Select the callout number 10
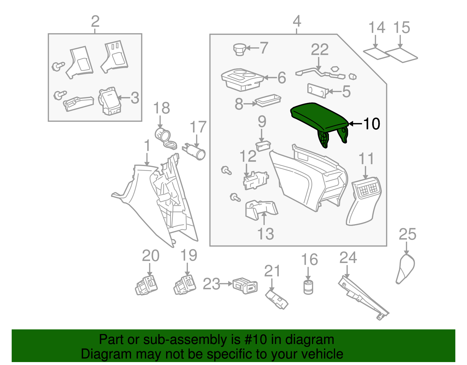[x=371, y=124]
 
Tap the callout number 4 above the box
[x=297, y=21]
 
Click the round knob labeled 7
[x=240, y=49]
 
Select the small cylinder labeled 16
[x=308, y=287]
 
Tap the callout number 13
[x=266, y=234]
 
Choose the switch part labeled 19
[x=185, y=285]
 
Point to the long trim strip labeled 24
[x=363, y=298]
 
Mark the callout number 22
[x=320, y=49]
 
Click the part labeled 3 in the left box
[x=110, y=101]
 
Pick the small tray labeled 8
[x=268, y=100]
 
